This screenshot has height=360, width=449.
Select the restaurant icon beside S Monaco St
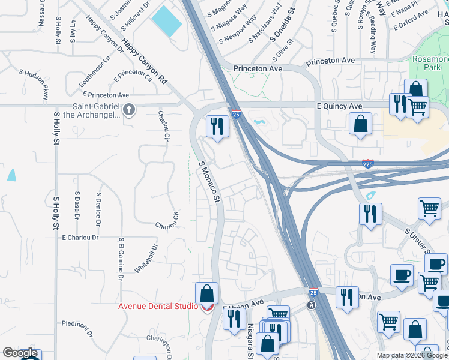[x=217, y=125]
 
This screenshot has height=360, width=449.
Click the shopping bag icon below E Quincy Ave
[x=360, y=124]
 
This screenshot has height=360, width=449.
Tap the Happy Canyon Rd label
[x=144, y=61]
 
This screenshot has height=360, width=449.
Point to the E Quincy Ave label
[x=339, y=106]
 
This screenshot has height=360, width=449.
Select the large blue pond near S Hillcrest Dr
[x=166, y=22]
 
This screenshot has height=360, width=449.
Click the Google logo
[x=20, y=353]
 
